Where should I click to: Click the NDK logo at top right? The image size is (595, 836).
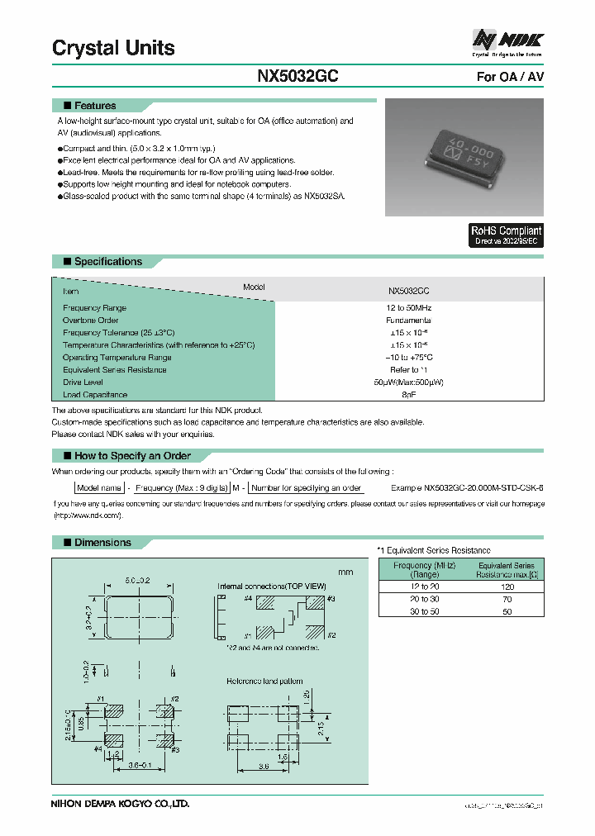tap(507, 39)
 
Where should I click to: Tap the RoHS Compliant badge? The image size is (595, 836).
tap(506, 235)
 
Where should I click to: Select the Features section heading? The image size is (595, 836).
tap(95, 106)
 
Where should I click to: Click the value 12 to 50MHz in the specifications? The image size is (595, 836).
tap(408, 307)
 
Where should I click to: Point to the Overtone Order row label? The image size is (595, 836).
tap(91, 320)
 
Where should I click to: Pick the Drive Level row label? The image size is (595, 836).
tap(83, 382)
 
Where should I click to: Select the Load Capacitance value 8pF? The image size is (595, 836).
tap(408, 395)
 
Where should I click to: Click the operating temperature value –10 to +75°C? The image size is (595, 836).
tap(408, 358)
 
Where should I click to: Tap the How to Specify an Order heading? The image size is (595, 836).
tap(132, 456)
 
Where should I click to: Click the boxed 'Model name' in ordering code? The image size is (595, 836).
tap(100, 488)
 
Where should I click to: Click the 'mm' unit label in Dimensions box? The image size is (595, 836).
tap(345, 572)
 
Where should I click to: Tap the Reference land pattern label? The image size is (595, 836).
tap(264, 682)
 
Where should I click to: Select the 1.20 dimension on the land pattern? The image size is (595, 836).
tap(328, 696)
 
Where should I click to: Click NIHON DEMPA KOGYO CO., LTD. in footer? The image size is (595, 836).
tap(121, 803)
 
